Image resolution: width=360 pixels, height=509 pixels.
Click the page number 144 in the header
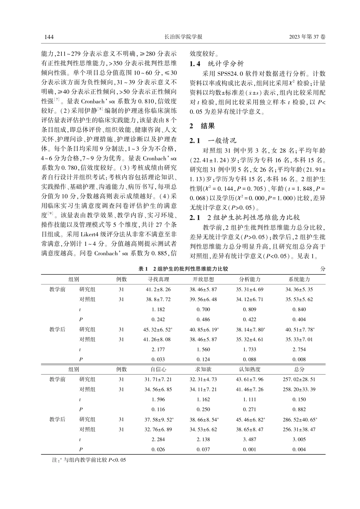click(50, 37)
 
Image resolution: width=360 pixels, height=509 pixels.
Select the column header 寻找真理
click(158, 279)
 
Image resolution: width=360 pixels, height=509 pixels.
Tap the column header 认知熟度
click(250, 369)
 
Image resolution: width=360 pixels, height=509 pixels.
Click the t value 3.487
click(250, 440)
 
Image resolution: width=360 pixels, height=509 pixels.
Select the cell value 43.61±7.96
click(250, 379)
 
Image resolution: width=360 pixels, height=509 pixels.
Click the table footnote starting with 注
click(88, 460)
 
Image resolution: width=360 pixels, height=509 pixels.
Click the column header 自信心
click(158, 369)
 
